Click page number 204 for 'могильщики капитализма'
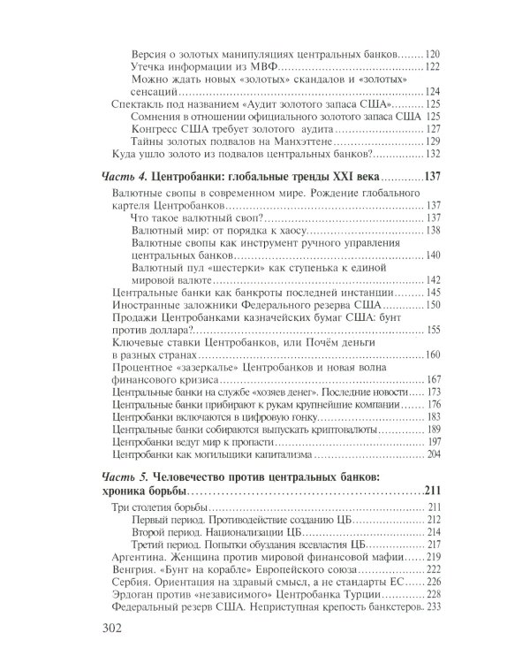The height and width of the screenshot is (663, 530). [x=433, y=454]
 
